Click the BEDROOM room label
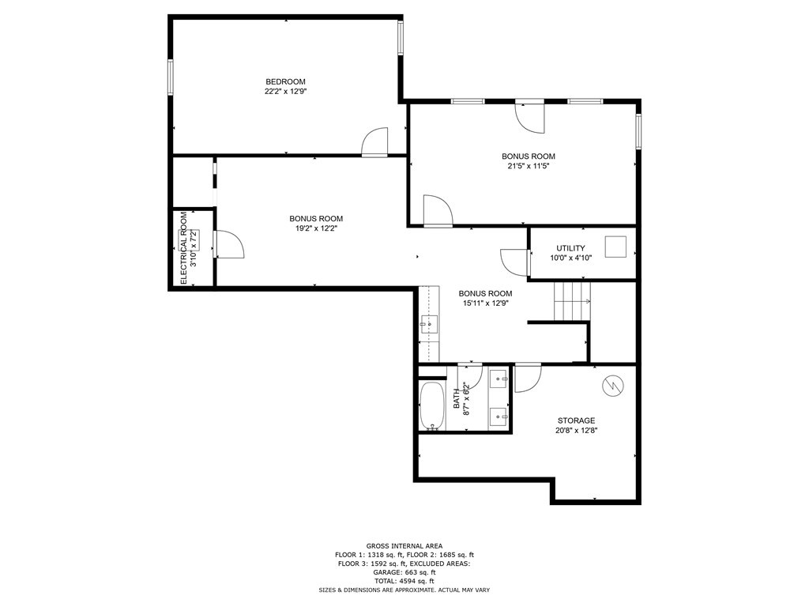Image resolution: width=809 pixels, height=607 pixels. (285, 81)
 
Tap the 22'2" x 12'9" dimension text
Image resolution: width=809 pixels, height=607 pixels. (285, 92)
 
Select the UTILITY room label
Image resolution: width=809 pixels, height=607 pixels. (570, 248)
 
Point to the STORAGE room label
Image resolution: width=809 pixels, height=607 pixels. (576, 420)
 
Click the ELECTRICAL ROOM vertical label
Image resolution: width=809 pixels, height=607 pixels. (184, 248)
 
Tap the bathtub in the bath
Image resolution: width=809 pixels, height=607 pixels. (432, 406)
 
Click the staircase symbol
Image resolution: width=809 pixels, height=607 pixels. (571, 301)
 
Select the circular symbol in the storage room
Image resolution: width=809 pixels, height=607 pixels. (612, 385)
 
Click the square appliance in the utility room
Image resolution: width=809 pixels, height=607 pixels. (615, 247)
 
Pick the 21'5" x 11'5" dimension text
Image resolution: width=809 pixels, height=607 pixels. (529, 167)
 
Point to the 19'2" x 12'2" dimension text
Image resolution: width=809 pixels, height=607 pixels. (316, 228)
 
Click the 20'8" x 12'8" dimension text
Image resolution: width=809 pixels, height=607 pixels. (576, 431)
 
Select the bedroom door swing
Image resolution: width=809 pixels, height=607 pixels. (375, 142)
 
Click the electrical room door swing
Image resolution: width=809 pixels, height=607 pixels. (229, 244)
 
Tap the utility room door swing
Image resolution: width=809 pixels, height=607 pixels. (514, 262)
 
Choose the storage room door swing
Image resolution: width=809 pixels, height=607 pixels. (527, 378)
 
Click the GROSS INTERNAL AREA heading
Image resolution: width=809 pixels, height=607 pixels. (404, 546)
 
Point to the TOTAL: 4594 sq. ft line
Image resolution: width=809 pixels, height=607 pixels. (404, 581)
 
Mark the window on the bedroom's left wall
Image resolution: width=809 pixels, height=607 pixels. (170, 77)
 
